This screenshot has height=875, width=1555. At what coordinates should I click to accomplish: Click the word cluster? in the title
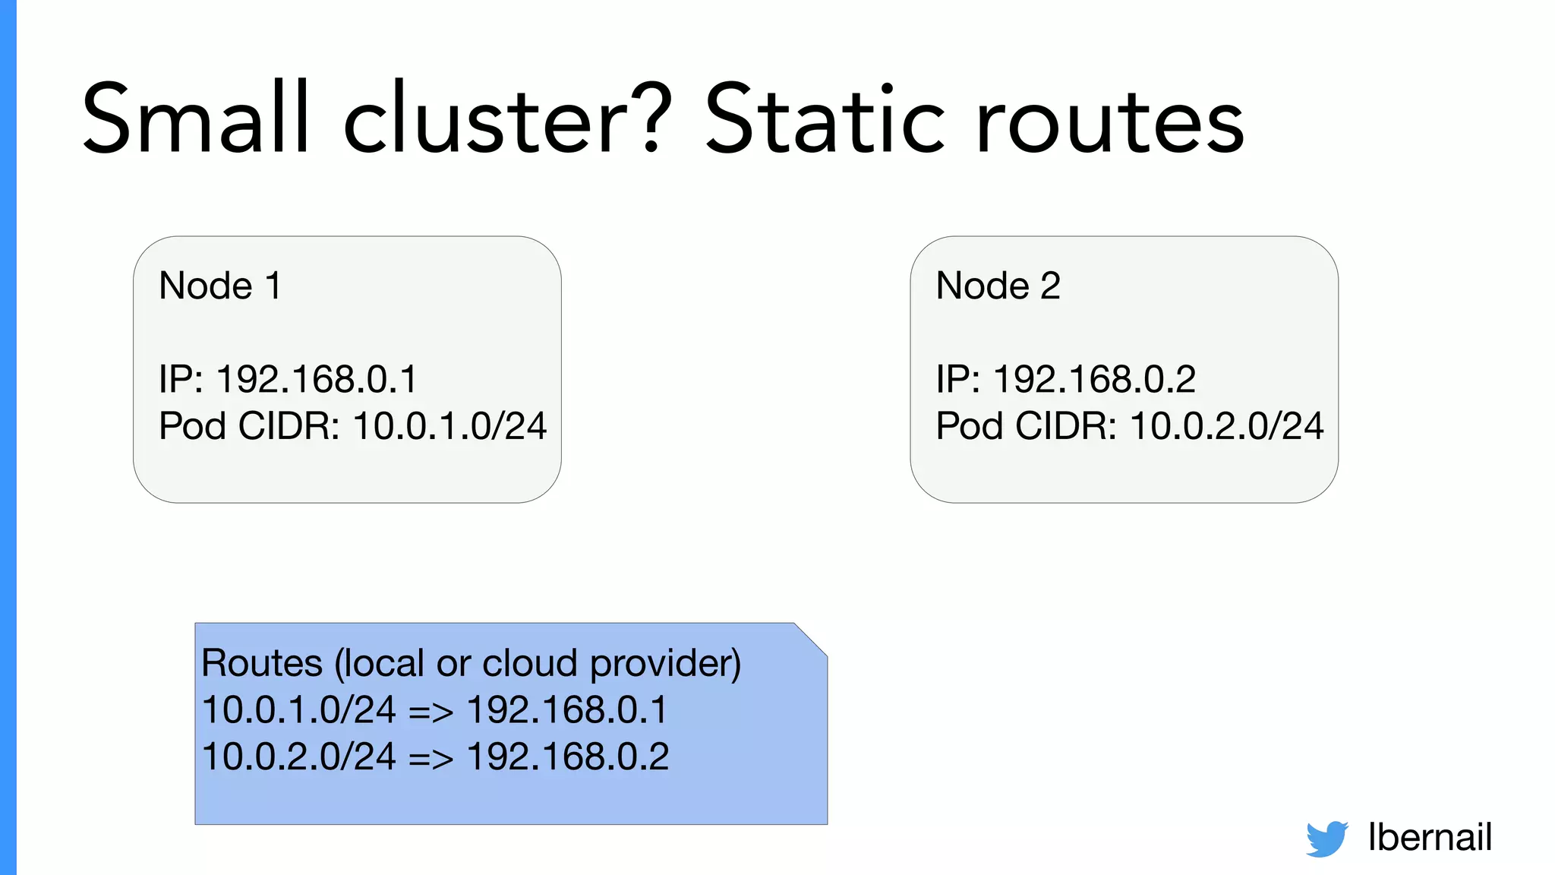click(x=507, y=119)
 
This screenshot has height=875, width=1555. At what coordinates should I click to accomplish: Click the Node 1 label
click(x=220, y=286)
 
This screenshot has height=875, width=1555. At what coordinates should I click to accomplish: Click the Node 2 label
click(x=998, y=286)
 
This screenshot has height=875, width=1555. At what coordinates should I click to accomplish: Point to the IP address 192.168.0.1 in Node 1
click(x=317, y=379)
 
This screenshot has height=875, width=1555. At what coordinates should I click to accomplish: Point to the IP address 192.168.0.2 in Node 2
click(x=1094, y=379)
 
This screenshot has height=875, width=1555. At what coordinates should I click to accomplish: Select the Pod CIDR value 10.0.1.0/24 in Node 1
click(x=449, y=425)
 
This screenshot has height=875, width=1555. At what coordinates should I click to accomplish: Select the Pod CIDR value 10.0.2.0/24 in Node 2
click(x=1227, y=425)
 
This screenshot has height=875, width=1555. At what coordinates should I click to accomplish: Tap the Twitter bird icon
click(x=1326, y=839)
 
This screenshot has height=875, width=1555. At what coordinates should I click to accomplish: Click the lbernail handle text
click(x=1430, y=837)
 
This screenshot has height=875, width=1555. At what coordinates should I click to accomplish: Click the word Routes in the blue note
click(x=262, y=663)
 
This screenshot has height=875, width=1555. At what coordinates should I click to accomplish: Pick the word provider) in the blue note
click(x=665, y=663)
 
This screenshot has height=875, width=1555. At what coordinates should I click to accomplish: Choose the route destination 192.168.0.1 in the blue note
click(x=566, y=710)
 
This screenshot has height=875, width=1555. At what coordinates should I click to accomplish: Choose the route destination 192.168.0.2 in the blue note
click(x=568, y=757)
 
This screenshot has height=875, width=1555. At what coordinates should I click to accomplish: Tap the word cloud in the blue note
click(x=531, y=663)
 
